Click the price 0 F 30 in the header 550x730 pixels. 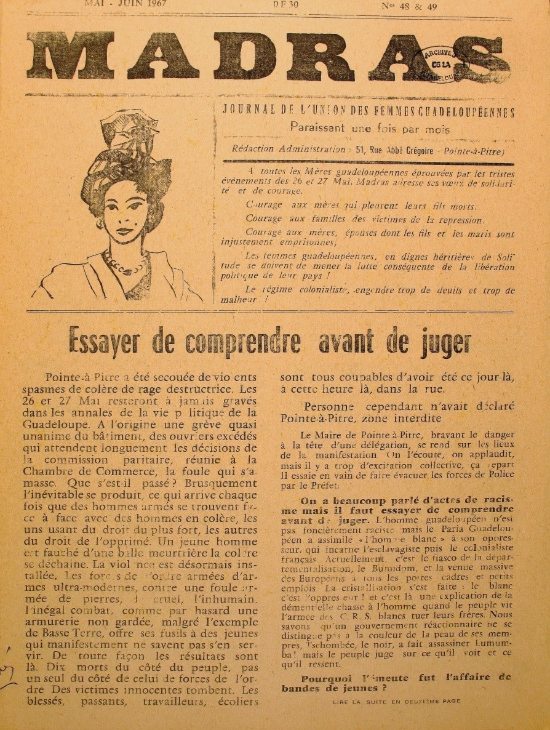(286, 4)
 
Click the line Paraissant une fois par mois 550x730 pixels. (370, 129)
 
